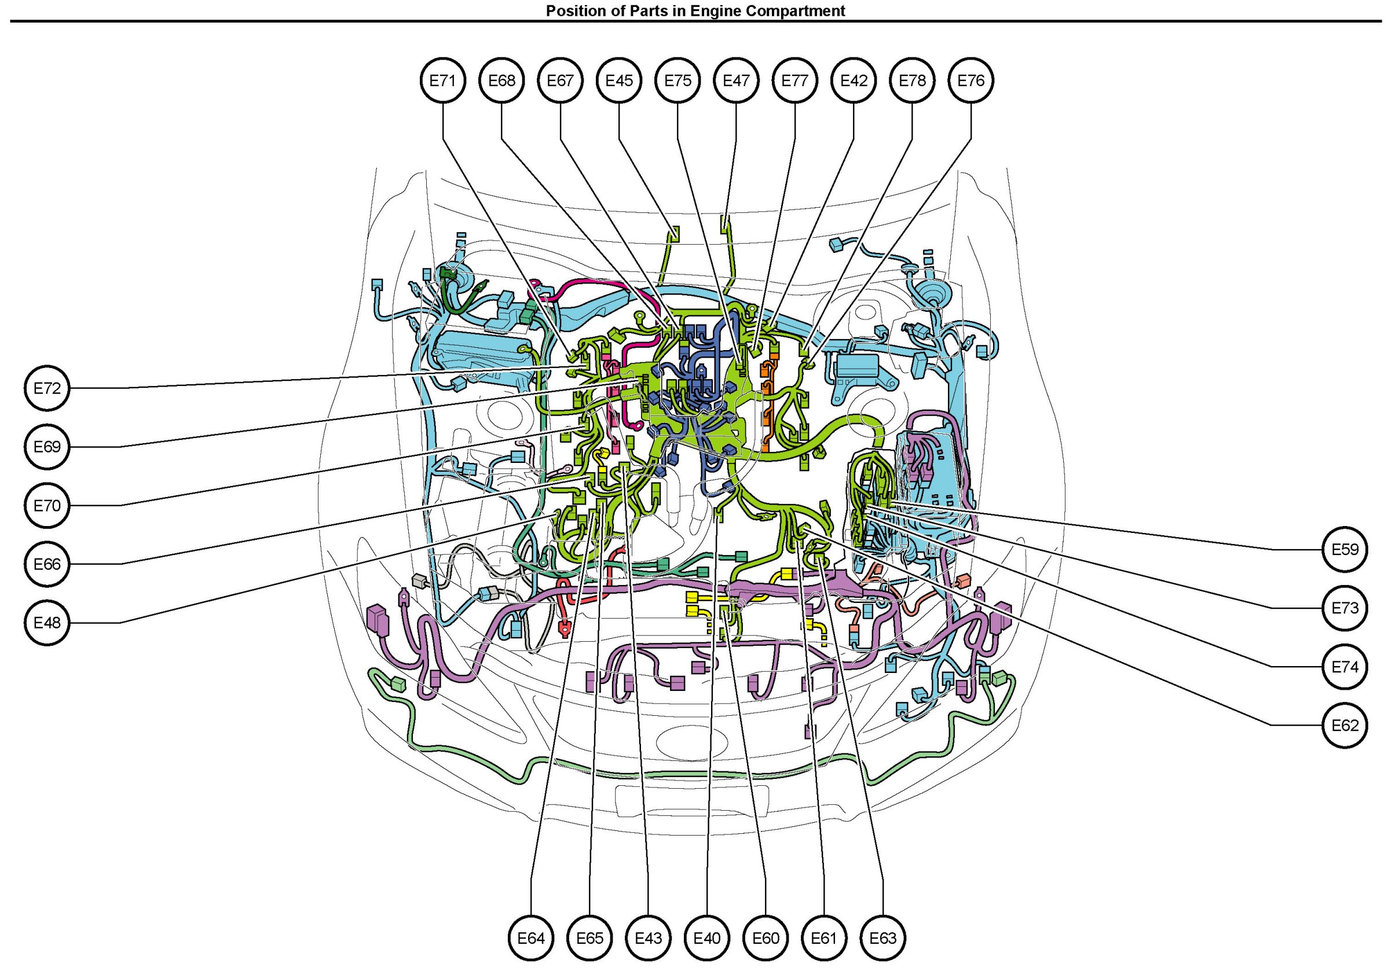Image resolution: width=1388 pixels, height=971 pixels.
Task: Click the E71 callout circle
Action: (443, 80)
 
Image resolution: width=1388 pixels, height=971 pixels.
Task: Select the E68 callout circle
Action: (502, 80)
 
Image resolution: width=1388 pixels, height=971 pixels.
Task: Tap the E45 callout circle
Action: (619, 80)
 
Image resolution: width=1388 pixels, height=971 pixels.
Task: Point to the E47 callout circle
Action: (737, 80)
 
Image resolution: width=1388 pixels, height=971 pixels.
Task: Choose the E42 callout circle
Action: (854, 80)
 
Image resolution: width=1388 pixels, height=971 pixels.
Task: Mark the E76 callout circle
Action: (971, 80)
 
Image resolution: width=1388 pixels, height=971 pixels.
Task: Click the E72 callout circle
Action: (47, 388)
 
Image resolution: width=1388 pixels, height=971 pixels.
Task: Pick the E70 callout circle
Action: (47, 505)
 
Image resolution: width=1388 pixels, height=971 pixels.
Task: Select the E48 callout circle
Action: (47, 623)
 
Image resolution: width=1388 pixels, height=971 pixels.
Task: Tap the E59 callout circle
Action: (1345, 549)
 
